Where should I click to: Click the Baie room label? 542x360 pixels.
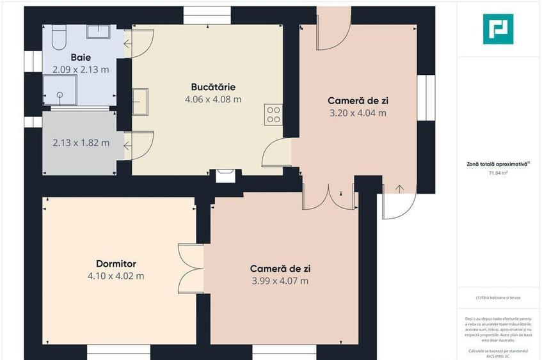(81, 57)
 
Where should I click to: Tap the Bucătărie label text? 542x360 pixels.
(213, 87)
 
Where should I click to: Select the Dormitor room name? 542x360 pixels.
(116, 263)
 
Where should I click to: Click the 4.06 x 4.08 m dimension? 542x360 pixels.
(213, 99)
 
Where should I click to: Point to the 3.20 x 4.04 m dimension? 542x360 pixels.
(358, 113)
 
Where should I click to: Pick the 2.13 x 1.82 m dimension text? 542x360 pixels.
(81, 143)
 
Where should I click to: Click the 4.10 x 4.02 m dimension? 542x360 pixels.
(116, 276)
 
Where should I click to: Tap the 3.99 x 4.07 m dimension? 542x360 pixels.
(280, 281)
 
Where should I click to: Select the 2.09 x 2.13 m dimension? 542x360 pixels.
(81, 69)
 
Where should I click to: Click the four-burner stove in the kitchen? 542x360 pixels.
(273, 114)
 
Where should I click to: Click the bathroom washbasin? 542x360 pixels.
(99, 32)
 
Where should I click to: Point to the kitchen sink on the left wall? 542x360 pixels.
(141, 101)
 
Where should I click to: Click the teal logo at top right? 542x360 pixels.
(498, 29)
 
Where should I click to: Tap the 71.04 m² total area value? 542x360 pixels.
(498, 173)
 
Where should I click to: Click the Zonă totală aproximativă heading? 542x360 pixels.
(498, 164)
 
